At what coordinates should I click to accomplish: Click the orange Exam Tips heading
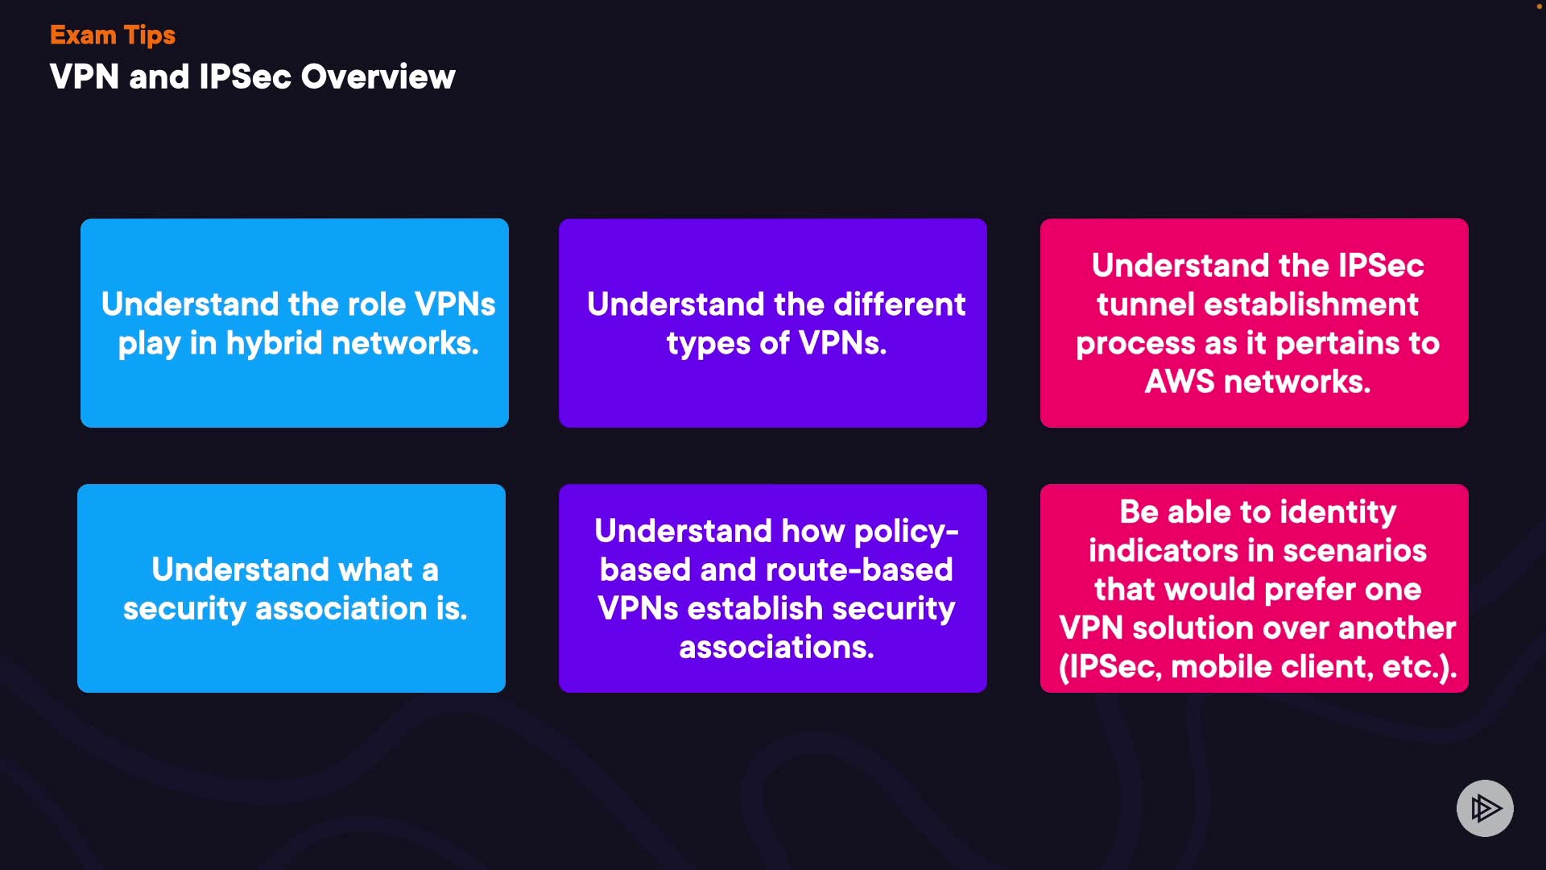coord(113,35)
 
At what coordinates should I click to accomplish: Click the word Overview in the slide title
coord(378,77)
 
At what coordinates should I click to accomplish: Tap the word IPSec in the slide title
coord(245,77)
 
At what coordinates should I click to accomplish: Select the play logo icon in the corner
coord(1485,808)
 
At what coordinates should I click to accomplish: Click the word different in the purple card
coord(899,304)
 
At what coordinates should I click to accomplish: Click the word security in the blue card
coord(184,609)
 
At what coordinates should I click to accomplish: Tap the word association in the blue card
coord(341,608)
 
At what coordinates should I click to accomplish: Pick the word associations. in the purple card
coord(776,647)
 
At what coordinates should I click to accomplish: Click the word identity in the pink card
coord(1337,513)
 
